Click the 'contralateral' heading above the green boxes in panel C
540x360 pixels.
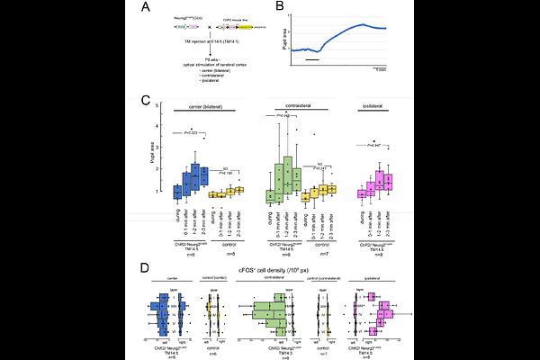[308, 106]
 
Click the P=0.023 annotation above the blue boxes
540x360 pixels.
[185, 133]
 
